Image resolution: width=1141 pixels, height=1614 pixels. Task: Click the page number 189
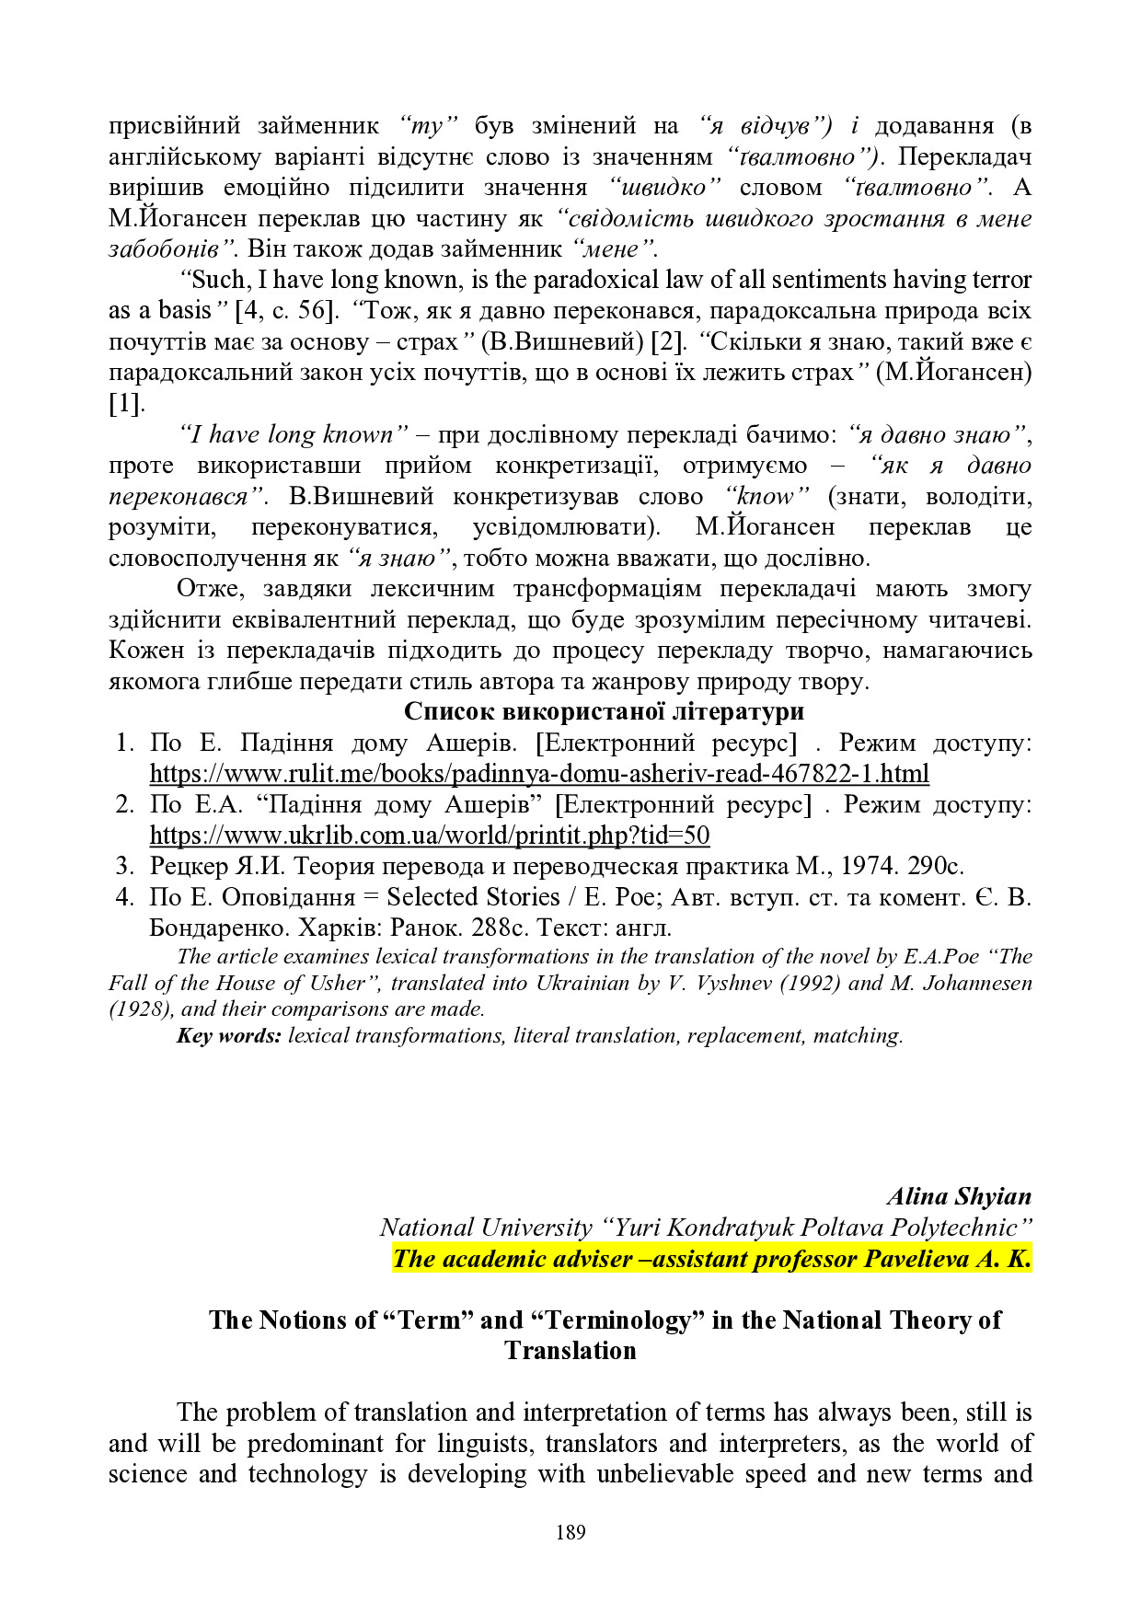click(570, 1532)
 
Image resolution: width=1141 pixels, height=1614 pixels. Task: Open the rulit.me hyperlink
click(539, 773)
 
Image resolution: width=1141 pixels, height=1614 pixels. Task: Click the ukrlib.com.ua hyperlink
click(430, 835)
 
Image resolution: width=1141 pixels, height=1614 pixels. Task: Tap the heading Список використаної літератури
click(604, 711)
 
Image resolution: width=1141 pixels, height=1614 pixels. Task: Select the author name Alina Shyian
click(959, 1196)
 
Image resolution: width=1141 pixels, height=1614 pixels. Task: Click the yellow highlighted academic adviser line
click(712, 1259)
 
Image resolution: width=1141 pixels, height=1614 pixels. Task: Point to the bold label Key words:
click(228, 1035)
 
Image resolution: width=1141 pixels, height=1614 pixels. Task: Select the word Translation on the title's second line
click(570, 1351)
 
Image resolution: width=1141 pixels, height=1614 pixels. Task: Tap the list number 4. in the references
click(126, 897)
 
